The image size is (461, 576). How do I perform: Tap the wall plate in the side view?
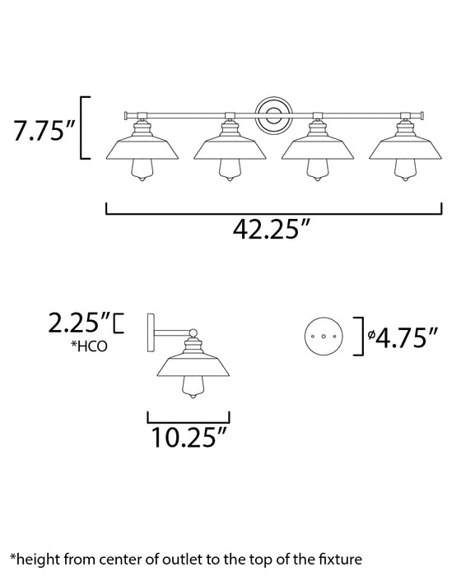point(150,332)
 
